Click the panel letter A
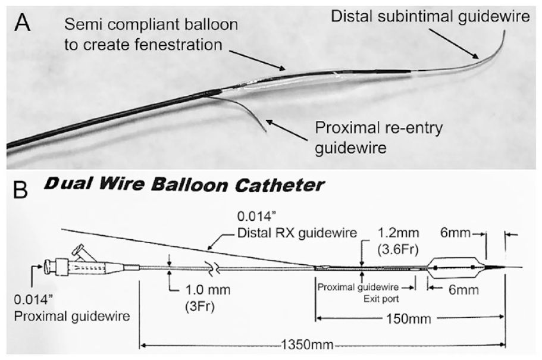pyautogui.click(x=22, y=24)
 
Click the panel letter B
pyautogui.click(x=20, y=190)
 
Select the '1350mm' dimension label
pyautogui.click(x=307, y=345)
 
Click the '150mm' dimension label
pyautogui.click(x=409, y=318)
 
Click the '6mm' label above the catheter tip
pyautogui.click(x=455, y=233)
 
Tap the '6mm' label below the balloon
pyautogui.click(x=463, y=289)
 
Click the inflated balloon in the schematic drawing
pyautogui.click(x=453, y=267)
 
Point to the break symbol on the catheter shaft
pyautogui.click(x=214, y=267)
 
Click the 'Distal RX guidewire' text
pyautogui.click(x=297, y=233)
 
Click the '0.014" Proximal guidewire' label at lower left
pyautogui.click(x=72, y=308)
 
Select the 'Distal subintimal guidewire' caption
pyautogui.click(x=430, y=16)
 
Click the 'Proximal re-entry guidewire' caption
pyautogui.click(x=379, y=137)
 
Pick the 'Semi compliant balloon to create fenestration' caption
pyautogui.click(x=151, y=35)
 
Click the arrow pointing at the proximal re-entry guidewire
pyautogui.click(x=286, y=130)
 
